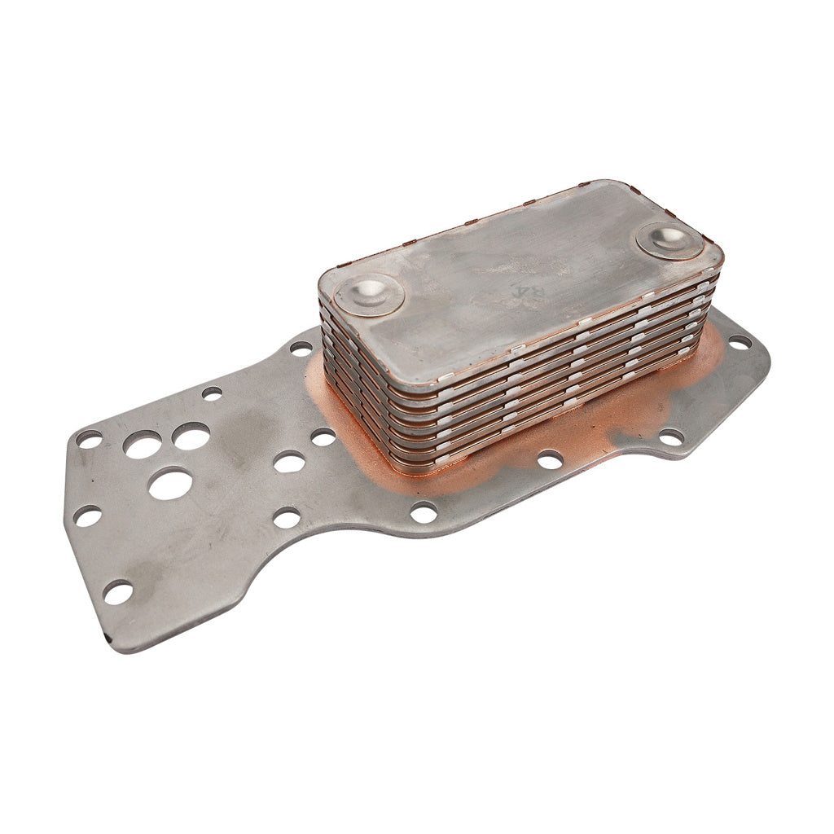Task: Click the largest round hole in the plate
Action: (170, 484)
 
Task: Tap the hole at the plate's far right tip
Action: (739, 343)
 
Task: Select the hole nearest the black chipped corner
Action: (117, 592)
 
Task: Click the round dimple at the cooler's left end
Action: (369, 292)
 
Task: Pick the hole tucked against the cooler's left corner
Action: (301, 349)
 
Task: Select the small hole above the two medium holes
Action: (212, 393)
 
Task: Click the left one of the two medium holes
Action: (143, 445)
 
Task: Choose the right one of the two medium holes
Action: (191, 437)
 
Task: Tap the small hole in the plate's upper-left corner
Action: (89, 439)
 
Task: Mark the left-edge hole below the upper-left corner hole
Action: (87, 516)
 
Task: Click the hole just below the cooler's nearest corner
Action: (424, 512)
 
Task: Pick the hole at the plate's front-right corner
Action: (671, 437)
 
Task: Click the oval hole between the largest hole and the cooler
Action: (289, 463)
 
